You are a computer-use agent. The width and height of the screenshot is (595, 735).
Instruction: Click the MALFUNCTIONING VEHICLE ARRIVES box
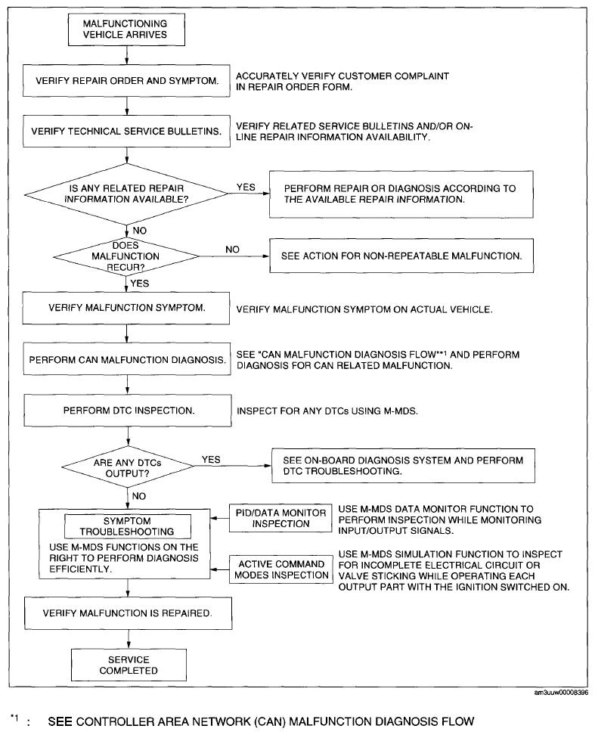coord(126,29)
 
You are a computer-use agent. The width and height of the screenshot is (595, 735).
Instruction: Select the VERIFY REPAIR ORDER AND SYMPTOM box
coord(126,81)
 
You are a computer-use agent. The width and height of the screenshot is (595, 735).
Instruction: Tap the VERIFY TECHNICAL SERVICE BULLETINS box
coord(126,132)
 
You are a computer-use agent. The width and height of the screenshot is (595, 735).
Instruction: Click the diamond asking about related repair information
coord(126,194)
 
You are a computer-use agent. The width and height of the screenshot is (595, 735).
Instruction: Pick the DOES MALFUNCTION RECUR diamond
coord(126,256)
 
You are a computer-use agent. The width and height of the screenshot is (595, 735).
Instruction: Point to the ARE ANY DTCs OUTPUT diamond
coord(128,467)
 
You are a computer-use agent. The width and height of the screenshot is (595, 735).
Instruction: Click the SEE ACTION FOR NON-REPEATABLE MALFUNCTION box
coord(401,256)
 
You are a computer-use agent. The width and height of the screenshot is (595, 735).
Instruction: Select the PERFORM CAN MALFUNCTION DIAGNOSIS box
coord(127,359)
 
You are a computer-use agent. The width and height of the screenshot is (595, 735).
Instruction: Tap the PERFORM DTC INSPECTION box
coord(128,411)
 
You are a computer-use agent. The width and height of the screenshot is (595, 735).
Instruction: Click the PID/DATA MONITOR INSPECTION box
coord(280,518)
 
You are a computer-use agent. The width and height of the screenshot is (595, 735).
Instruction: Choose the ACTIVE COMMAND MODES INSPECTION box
coord(281,569)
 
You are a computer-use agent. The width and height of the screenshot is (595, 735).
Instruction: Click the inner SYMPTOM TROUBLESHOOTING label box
coord(128,526)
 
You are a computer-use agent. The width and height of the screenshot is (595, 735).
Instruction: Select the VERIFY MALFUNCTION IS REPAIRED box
coord(129,613)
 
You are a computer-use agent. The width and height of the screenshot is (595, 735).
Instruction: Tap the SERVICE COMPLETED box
coord(129,665)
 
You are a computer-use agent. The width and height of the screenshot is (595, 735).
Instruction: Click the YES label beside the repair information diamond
coord(246,187)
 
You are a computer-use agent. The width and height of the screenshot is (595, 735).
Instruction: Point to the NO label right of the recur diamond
coord(232,250)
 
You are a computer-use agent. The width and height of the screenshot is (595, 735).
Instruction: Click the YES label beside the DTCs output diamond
coord(211,460)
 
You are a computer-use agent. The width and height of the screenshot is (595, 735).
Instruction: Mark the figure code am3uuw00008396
coord(561,693)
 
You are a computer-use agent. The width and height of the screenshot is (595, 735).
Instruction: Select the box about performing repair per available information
coord(401,194)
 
